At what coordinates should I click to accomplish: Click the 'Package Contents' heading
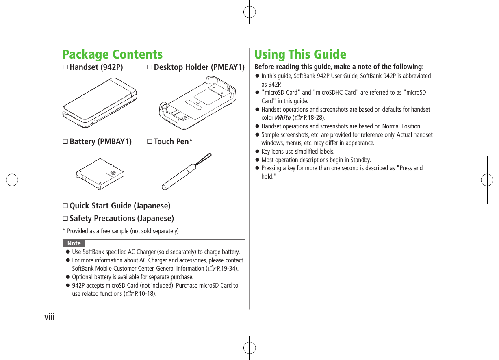coord(113,54)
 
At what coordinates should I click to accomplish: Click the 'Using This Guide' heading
coord(300,54)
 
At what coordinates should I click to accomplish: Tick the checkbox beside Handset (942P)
coord(65,67)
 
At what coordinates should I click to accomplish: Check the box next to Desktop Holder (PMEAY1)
coord(150,67)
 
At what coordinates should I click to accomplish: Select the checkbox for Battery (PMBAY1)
coord(65,142)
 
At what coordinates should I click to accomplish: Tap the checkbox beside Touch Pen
coord(150,142)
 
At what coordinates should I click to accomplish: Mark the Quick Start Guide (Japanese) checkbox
coord(65,206)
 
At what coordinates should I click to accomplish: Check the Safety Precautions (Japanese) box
coord(65,219)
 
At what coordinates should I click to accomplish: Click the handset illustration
coord(100,103)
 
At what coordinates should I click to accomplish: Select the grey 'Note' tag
coord(74,243)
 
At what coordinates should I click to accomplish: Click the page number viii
coord(49,316)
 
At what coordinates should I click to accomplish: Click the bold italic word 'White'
coord(282,118)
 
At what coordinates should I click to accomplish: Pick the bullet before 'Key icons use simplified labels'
coord(257,152)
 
